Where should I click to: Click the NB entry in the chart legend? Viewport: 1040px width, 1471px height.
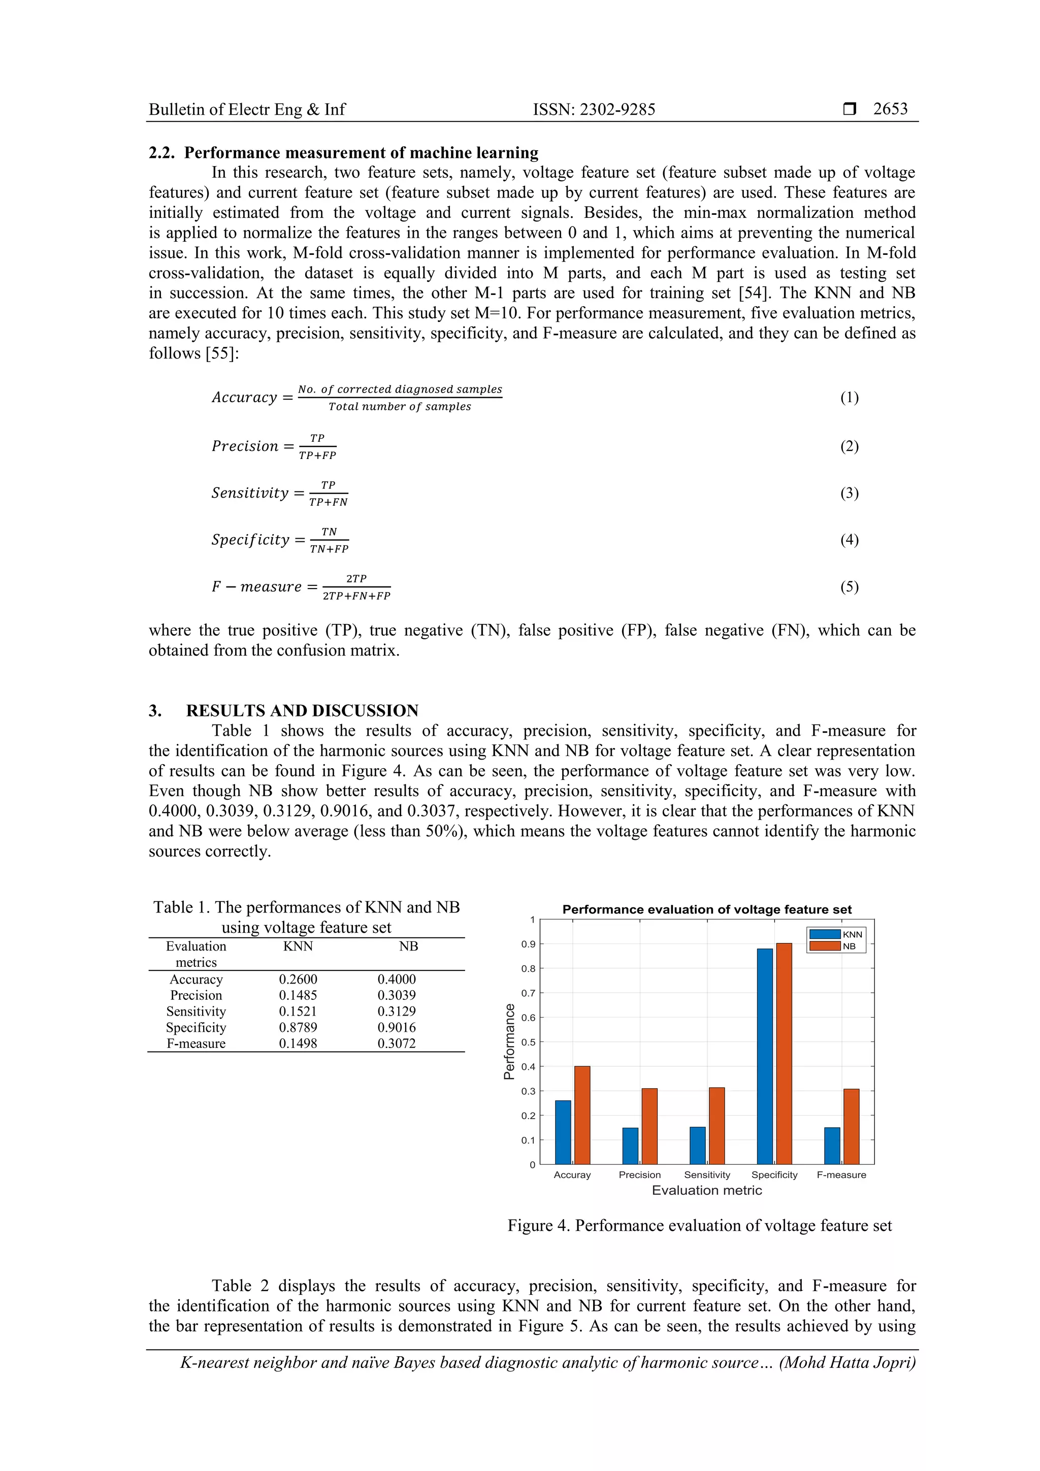click(849, 946)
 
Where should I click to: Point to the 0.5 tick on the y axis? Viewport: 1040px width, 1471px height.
click(528, 1042)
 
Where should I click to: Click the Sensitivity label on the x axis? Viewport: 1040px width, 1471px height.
click(707, 1174)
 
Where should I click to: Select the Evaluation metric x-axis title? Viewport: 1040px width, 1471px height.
click(707, 1190)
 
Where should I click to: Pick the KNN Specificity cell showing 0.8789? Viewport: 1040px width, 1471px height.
click(298, 1027)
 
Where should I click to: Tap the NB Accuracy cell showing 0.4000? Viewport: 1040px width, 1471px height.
click(397, 979)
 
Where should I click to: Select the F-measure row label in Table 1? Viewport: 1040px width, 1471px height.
click(196, 1043)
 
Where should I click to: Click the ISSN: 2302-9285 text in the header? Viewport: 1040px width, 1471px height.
click(594, 110)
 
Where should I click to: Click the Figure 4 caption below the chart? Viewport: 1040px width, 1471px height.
click(700, 1225)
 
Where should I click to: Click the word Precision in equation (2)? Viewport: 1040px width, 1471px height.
click(245, 446)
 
